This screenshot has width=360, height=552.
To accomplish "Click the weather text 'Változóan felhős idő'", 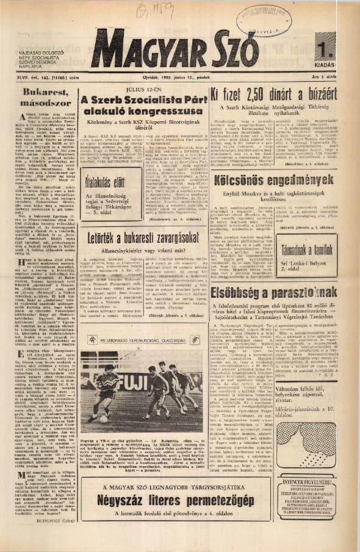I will tap(303, 407).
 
